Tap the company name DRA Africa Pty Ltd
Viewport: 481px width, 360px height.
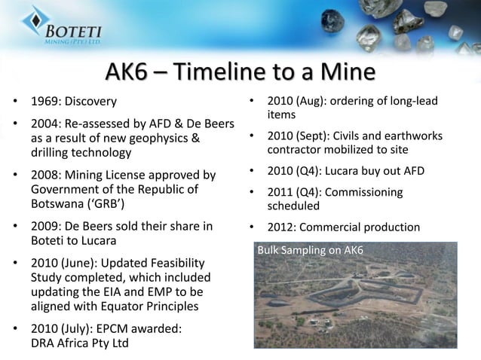point(79,343)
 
